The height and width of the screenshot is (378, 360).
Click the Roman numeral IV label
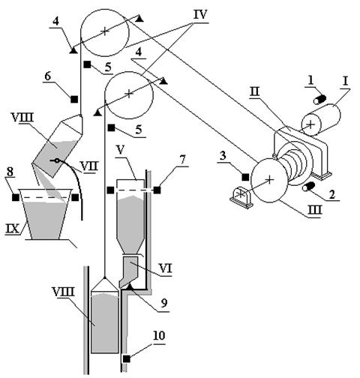[x=200, y=15]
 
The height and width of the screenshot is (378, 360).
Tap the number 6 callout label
[x=47, y=76]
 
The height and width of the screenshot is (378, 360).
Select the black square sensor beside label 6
[x=74, y=99]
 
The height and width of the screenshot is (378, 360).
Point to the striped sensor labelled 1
[x=319, y=100]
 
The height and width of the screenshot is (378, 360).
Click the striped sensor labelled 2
[x=309, y=187]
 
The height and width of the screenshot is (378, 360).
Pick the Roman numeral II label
[x=255, y=92]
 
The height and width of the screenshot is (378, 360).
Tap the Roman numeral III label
[x=314, y=210]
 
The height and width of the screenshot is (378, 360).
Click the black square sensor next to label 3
[x=245, y=177]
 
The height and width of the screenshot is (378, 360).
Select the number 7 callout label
[x=183, y=161]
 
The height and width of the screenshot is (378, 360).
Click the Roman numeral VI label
[x=165, y=268]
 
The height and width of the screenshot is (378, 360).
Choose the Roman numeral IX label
[x=13, y=229]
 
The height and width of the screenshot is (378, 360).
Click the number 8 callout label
[x=10, y=172]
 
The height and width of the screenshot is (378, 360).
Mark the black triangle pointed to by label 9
[x=130, y=286]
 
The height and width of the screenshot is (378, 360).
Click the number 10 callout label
[x=159, y=336]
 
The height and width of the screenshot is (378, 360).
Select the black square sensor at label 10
[x=127, y=359]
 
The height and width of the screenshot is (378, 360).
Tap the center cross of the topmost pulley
[x=105, y=31]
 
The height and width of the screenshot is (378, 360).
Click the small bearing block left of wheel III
[x=241, y=198]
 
